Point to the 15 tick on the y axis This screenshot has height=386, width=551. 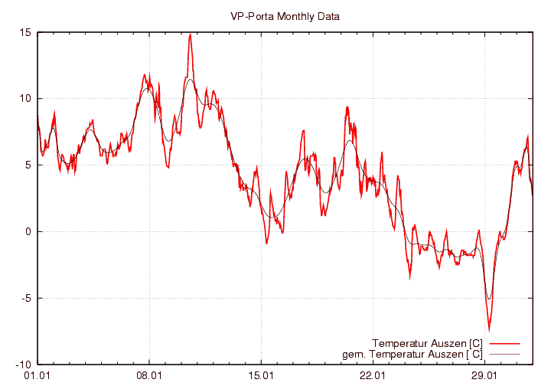25,32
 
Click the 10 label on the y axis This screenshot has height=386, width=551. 25,99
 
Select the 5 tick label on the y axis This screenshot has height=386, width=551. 28,165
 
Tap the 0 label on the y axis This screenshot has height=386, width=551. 28,231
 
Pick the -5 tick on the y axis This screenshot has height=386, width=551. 25,298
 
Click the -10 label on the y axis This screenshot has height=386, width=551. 23,365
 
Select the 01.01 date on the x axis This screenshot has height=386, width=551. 37,375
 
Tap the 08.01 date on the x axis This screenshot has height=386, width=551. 148,375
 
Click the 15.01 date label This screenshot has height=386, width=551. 261,375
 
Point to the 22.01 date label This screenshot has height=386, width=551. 373,375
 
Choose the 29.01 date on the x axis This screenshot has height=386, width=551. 484,375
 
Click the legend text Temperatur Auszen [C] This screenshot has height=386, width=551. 426,342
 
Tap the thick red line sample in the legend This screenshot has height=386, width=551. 504,342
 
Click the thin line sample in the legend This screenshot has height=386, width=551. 504,354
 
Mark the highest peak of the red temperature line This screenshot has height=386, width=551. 190,34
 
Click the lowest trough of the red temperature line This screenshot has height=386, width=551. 489,329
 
